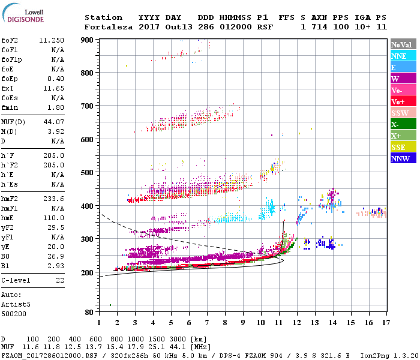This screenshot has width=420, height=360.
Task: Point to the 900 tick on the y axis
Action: pyautogui.click(x=88, y=40)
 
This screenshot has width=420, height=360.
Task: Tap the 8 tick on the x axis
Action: pyautogui.click(x=225, y=323)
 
